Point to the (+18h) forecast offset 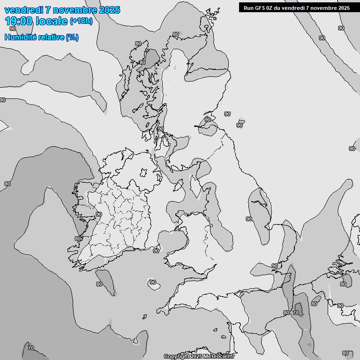tap(81, 21)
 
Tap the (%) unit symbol tap(72, 37)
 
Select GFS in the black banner tap(260, 7)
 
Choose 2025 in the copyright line tap(197, 356)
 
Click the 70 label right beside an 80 tap(295, 313)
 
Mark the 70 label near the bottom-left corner tap(30, 348)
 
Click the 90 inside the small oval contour tap(152, 282)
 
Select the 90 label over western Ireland tap(98, 214)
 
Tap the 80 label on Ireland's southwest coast tap(77, 239)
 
